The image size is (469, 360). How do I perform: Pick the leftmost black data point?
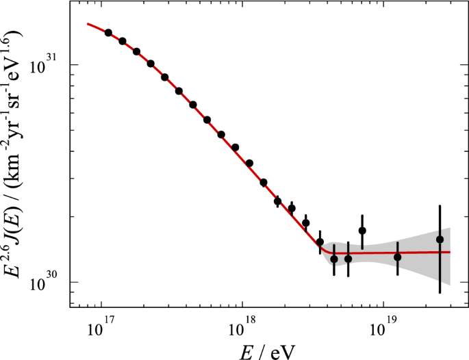(x=108, y=33)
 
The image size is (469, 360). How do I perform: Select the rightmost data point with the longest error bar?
(x=440, y=240)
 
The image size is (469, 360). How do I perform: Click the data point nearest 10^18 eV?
(x=236, y=147)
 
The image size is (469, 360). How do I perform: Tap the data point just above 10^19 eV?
(x=397, y=257)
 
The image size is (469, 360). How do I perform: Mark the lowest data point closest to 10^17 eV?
(x=108, y=33)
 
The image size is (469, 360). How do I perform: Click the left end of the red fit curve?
(x=88, y=24)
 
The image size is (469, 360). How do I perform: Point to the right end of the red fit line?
(x=450, y=252)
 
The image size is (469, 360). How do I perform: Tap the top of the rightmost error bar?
(x=440, y=205)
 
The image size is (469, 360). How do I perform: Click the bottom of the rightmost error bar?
(x=440, y=293)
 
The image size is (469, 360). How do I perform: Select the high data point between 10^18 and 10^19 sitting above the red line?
(x=362, y=231)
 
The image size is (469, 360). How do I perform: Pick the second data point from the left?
(x=123, y=41)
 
